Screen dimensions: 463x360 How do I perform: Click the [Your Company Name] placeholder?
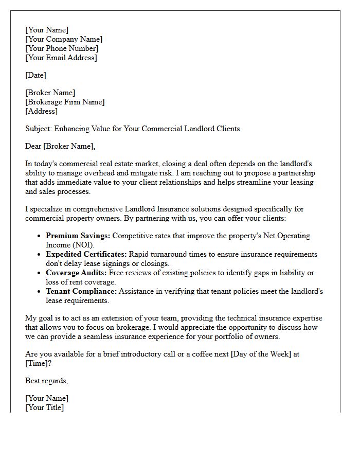point(64,39)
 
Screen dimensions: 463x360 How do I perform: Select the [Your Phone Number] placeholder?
point(62,48)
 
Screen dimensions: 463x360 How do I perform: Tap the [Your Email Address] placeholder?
point(61,58)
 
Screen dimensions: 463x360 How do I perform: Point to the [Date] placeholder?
point(35,75)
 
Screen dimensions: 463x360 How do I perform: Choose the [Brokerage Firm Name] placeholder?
point(65,102)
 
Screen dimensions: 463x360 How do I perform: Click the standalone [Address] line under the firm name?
point(41,111)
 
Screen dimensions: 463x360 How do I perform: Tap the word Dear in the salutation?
point(33,146)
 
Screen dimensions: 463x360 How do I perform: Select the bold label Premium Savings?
point(78,236)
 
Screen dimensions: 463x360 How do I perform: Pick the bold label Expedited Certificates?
point(86,254)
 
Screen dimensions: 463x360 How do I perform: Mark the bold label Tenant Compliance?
point(81,291)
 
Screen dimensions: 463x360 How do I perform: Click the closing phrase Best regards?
point(46,381)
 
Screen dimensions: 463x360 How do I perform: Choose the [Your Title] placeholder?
point(44,407)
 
